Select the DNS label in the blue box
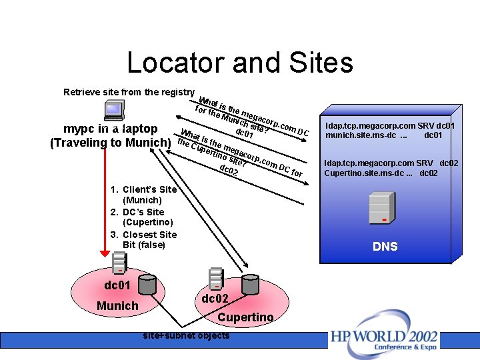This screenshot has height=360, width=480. pos(385,247)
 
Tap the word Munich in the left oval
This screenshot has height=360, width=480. pos(117,306)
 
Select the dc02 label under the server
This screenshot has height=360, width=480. pos(215,298)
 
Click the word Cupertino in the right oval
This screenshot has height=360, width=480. pos(245,317)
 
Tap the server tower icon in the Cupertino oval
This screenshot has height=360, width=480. pos(215,279)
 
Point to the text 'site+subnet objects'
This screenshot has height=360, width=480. pos(186,335)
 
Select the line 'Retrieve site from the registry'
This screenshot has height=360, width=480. pos(129,92)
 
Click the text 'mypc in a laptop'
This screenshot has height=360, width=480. pos(111,128)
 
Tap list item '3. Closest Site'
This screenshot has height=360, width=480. pos(143,235)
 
